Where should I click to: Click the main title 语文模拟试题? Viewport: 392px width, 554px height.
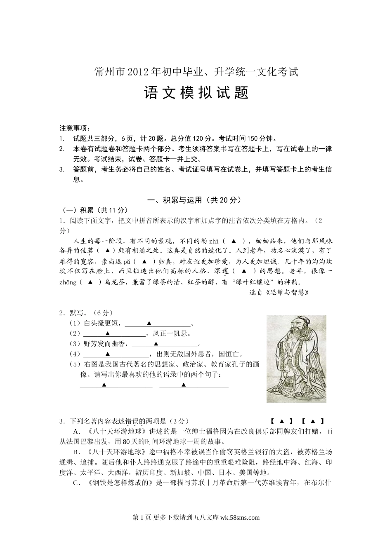(196, 93)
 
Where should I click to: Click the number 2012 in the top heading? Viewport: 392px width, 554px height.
(140, 72)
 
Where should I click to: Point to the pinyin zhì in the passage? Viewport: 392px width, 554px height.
(213, 241)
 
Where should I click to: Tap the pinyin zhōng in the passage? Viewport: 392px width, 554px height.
(68, 282)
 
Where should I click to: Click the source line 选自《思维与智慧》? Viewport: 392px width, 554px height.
(279, 292)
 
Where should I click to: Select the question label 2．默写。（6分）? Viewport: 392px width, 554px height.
(86, 313)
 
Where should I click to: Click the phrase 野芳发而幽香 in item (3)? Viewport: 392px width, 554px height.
(104, 344)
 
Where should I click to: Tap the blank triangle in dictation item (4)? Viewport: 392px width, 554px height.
(108, 354)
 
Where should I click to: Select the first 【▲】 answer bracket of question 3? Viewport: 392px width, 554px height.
(281, 421)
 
